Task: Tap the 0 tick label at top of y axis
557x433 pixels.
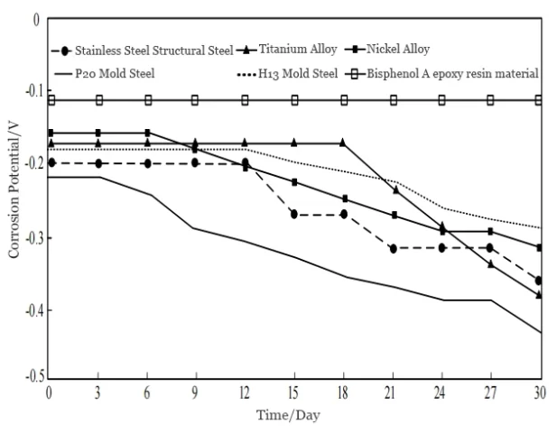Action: [x=36, y=19]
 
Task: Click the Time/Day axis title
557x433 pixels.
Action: [x=293, y=414]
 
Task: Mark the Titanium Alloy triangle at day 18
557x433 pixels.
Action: [x=343, y=143]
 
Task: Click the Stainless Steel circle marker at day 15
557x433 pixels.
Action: [x=294, y=215]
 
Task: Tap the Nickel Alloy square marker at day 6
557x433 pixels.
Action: [x=147, y=134]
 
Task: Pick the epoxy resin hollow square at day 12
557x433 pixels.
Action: [x=245, y=100]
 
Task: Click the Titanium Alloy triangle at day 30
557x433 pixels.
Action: [x=540, y=295]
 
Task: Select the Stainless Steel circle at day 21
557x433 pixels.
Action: [x=393, y=247]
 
